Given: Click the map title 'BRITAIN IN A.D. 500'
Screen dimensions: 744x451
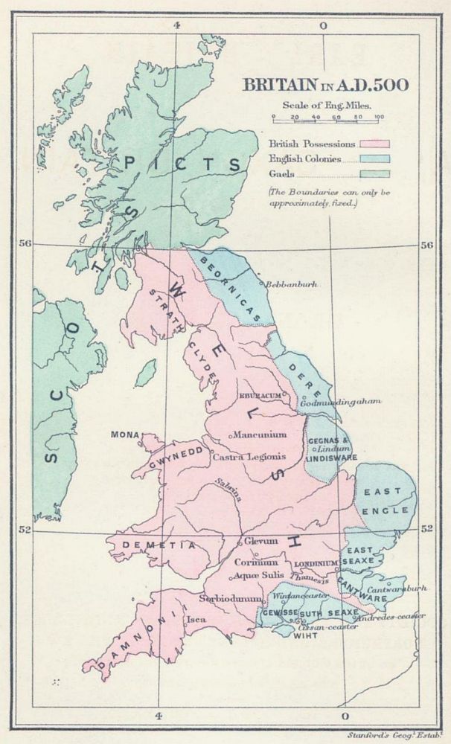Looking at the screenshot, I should coord(323,84).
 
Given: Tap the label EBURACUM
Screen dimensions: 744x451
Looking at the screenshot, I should coord(261,397).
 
